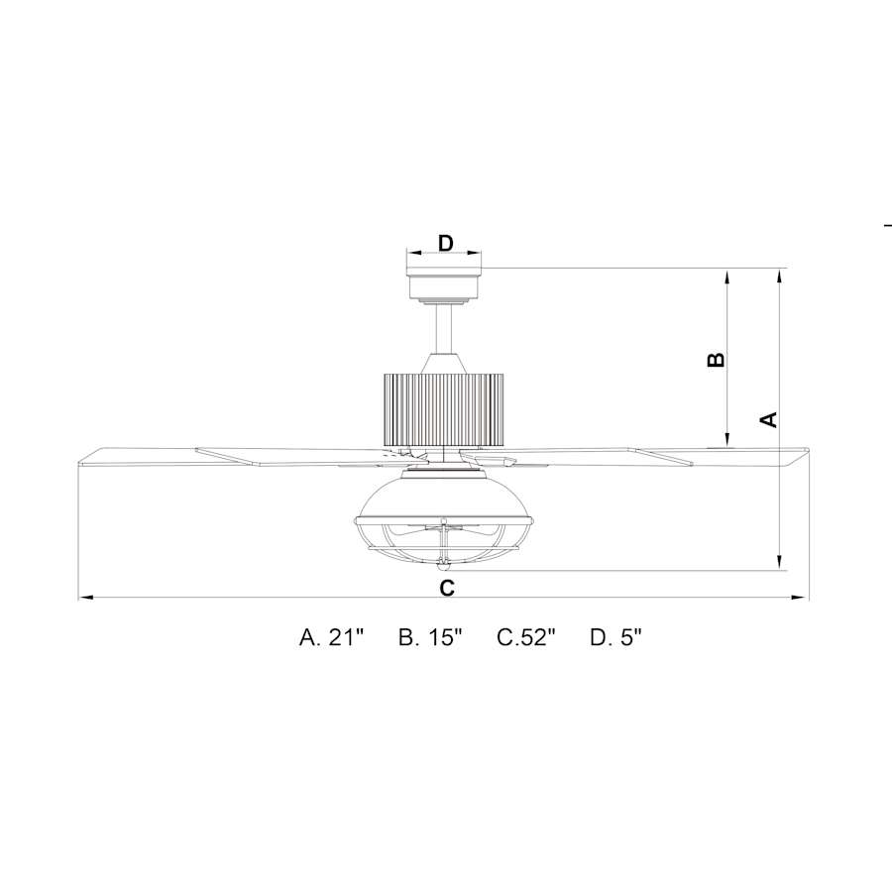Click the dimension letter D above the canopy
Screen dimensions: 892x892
[x=446, y=243]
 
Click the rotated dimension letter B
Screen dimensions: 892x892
[x=716, y=359]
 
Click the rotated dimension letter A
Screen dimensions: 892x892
[x=768, y=419]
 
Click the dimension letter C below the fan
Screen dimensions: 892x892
[x=447, y=588]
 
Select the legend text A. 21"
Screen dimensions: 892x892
[x=333, y=637]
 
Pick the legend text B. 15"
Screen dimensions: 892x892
[x=431, y=637]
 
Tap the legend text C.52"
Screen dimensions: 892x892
[x=526, y=637]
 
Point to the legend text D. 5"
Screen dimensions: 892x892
[x=616, y=637]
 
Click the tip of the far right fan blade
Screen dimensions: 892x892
[x=804, y=455]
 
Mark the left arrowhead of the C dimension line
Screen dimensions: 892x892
[x=83, y=598]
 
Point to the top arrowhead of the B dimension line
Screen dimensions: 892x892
[x=729, y=275]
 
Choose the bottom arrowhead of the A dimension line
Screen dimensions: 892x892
[x=781, y=565]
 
